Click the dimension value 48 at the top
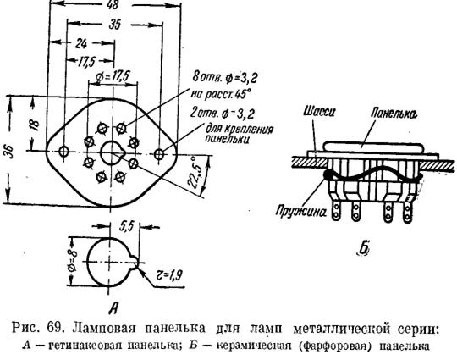113,5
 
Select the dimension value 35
115,25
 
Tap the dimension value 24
81,44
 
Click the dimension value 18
35,125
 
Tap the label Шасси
319,112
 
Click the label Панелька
394,114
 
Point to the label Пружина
301,212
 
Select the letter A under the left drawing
114,307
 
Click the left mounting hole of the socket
63,151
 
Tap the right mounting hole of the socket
159,153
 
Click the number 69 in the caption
53,328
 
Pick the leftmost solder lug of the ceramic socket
336,211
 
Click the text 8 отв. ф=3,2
225,77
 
